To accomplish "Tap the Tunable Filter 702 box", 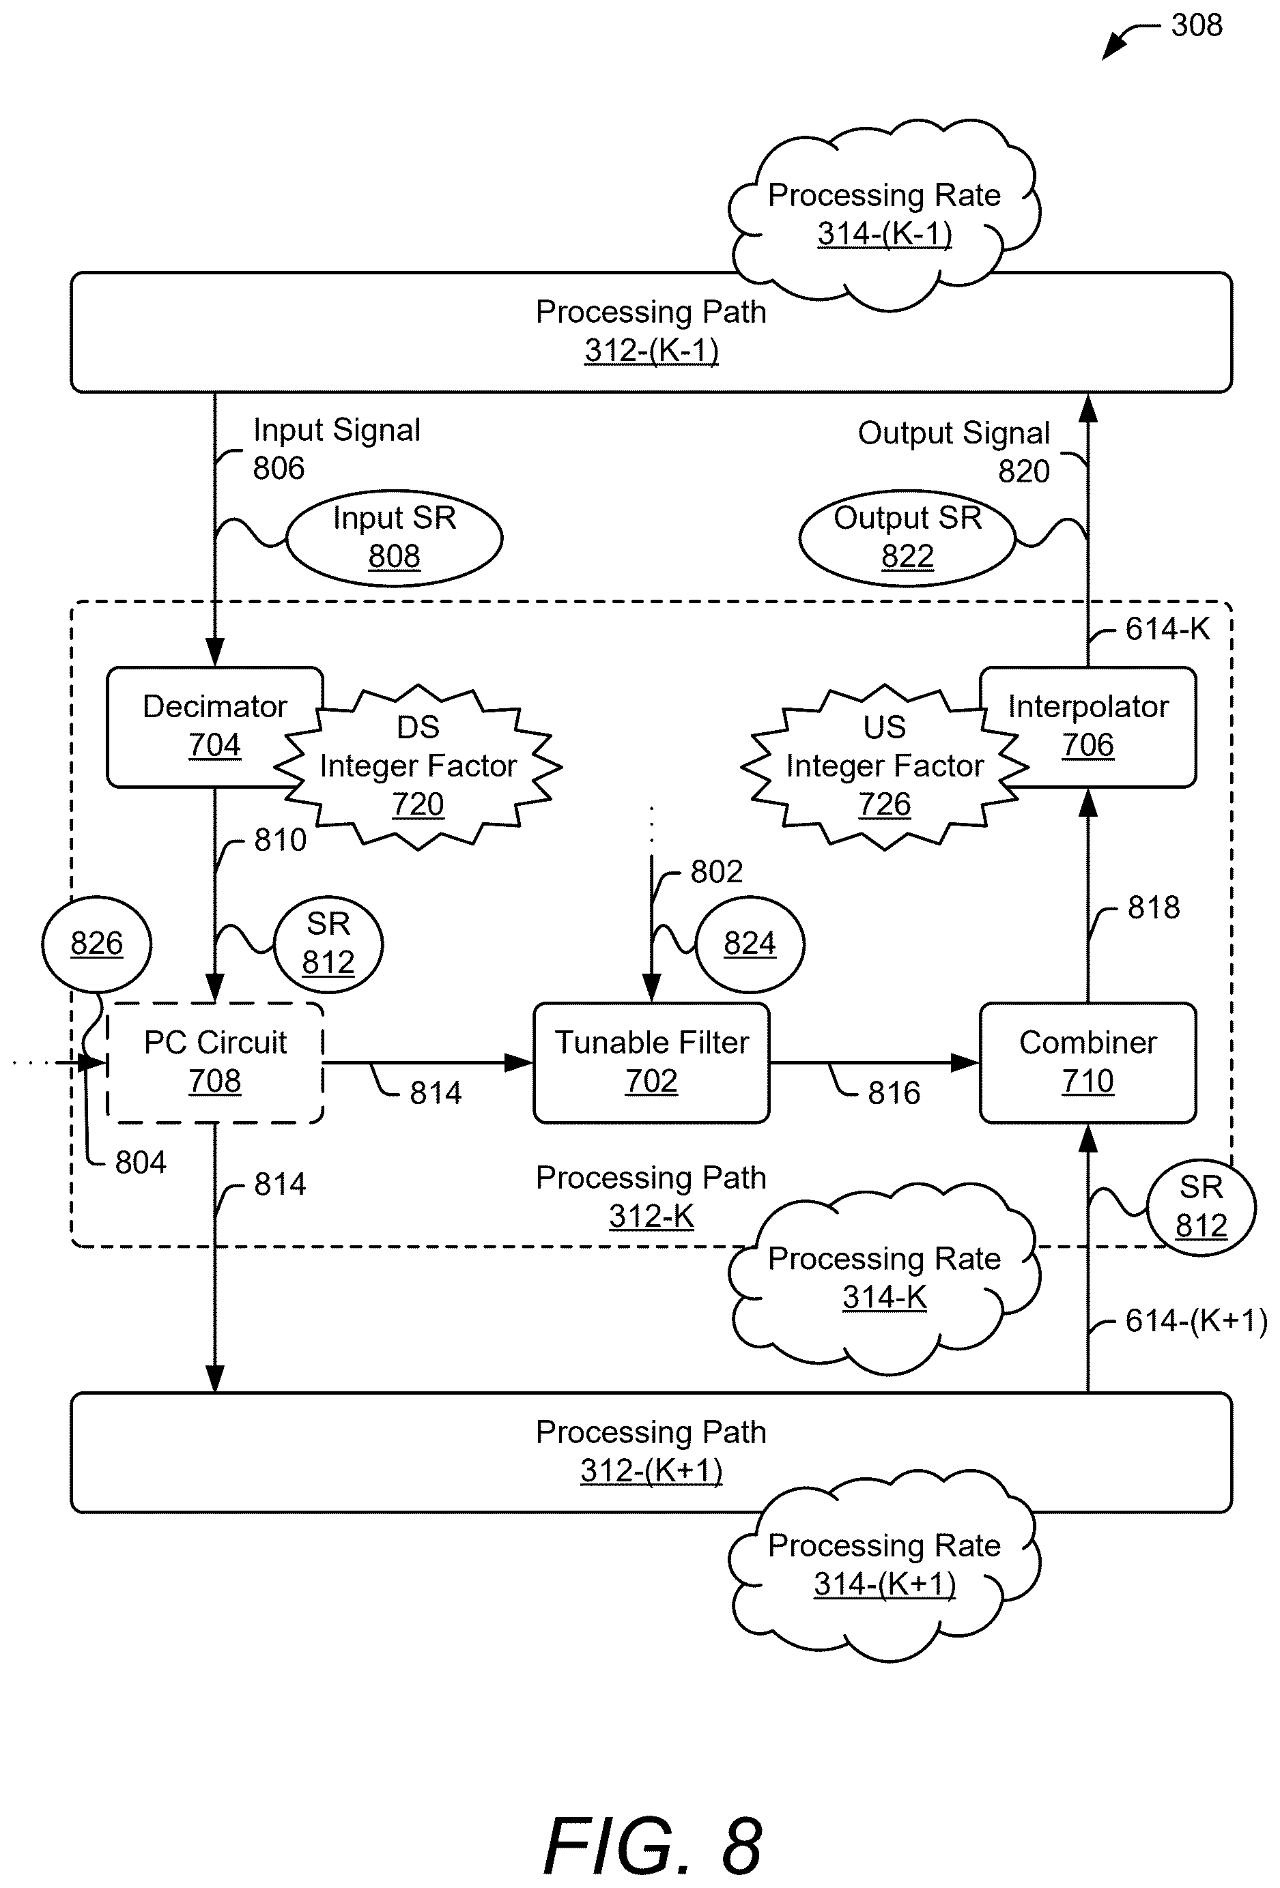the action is pos(651,1062).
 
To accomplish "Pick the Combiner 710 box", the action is pos(1087,1062).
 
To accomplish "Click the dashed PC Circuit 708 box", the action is pos(214,1062).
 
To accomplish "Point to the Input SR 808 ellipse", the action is pos(394,537).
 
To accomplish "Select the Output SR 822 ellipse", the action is pos(907,537).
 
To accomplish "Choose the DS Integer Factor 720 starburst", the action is pos(418,767).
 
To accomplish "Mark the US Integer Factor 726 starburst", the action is pos(884,767).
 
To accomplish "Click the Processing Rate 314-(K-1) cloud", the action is pos(884,214).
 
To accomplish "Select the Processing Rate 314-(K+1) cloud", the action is pos(884,1565).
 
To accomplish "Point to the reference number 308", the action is pos(1196,26).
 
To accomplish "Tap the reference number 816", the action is pos(894,1092).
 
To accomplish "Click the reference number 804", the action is pos(141,1163).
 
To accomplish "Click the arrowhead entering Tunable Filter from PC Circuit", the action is pos(519,1062).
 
